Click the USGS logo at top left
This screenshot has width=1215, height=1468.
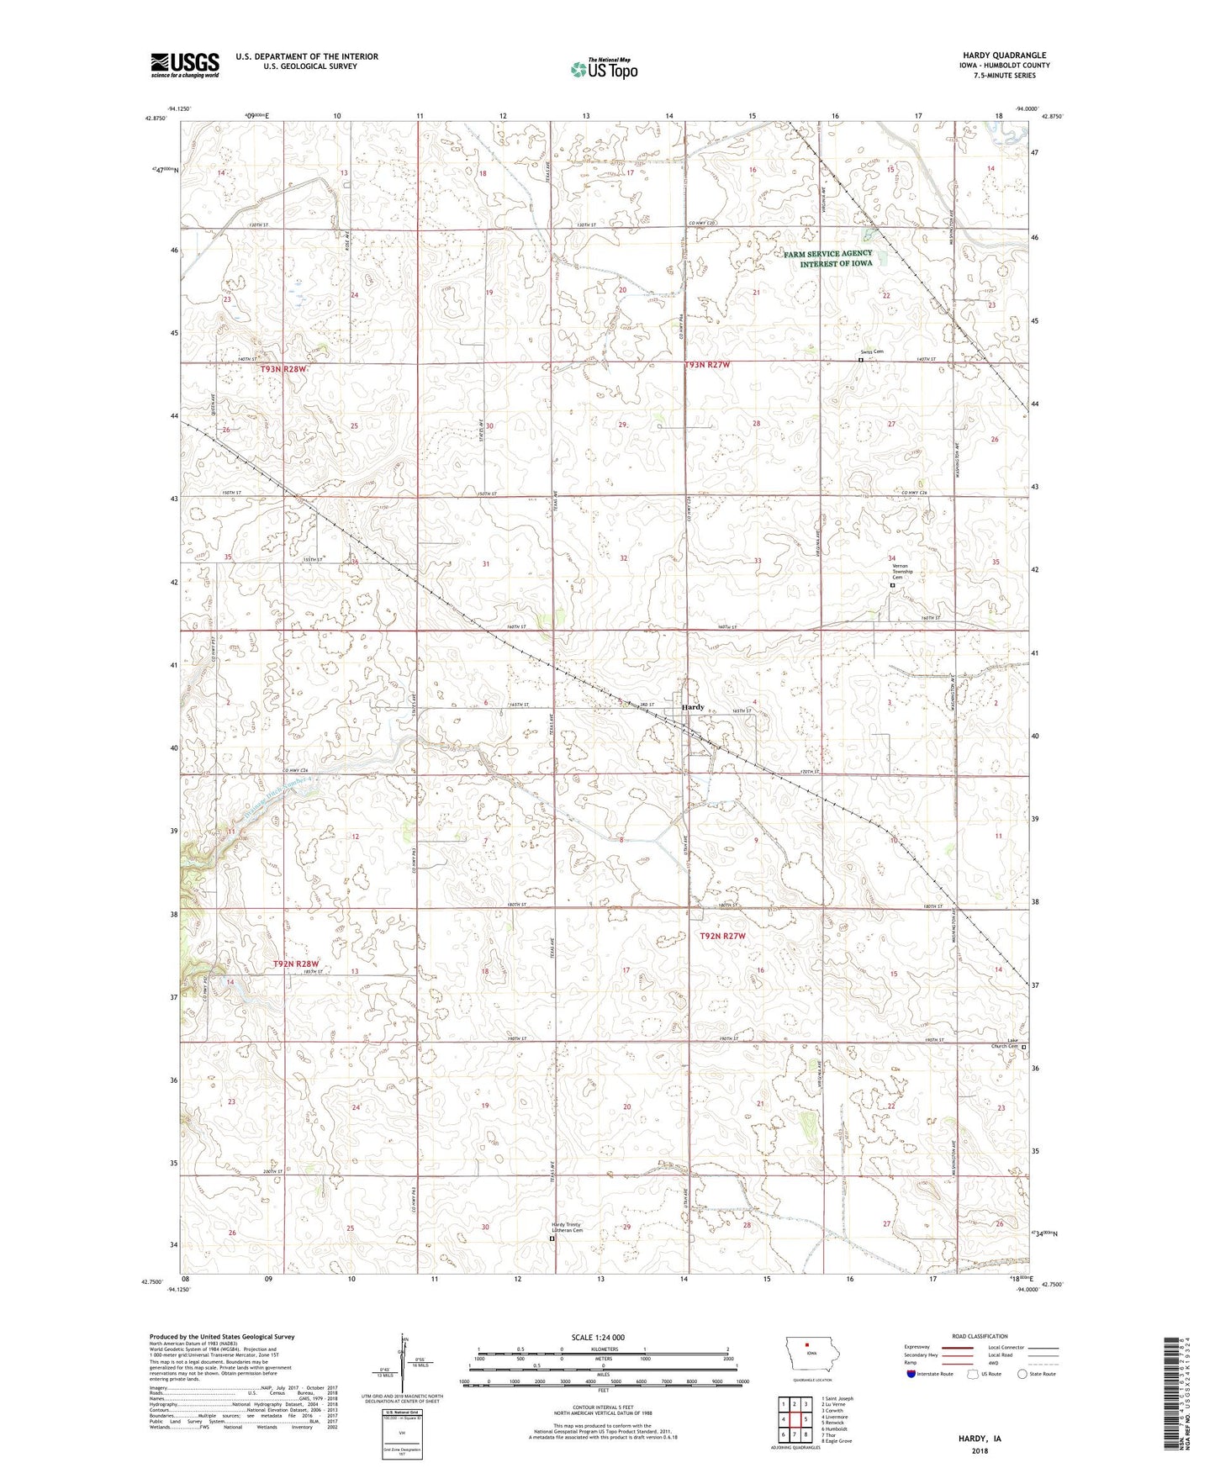pyautogui.click(x=184, y=65)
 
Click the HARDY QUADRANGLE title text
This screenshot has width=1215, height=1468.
pyautogui.click(x=1005, y=55)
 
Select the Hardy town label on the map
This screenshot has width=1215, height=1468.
pyautogui.click(x=693, y=707)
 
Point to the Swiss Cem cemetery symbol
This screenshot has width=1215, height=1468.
pyautogui.click(x=860, y=360)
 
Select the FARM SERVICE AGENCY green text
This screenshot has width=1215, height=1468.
pyautogui.click(x=827, y=253)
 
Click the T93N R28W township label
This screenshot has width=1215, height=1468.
pyautogui.click(x=284, y=369)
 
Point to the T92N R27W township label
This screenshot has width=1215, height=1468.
pyautogui.click(x=723, y=936)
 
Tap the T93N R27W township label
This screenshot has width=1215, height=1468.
pyautogui.click(x=707, y=365)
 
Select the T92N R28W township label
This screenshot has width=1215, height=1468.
pyautogui.click(x=296, y=964)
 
